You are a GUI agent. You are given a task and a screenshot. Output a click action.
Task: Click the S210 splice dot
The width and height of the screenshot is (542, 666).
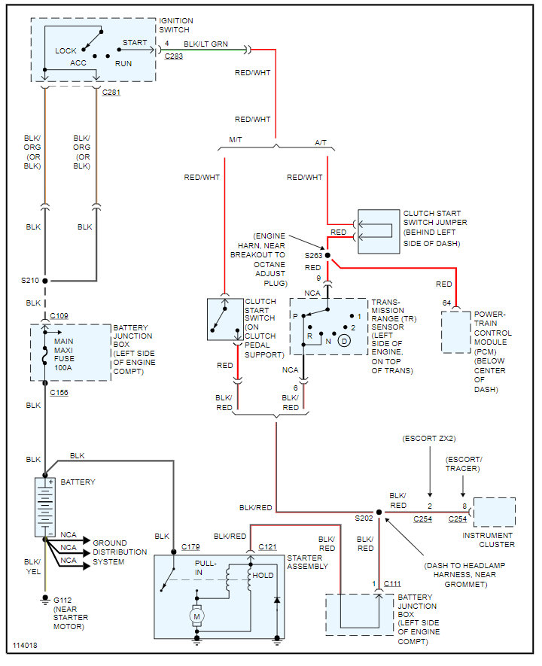pos(45,281)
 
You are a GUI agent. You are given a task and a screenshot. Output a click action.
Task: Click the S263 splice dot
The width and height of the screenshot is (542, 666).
pos(327,255)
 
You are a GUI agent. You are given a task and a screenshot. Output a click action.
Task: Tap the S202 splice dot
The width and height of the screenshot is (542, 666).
pos(379,512)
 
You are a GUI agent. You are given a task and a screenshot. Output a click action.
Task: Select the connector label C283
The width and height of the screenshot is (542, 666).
pos(174,56)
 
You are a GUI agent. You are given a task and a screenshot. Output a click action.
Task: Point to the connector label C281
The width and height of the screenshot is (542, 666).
pos(111,92)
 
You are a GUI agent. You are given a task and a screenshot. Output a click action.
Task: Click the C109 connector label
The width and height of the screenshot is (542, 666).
pos(59,315)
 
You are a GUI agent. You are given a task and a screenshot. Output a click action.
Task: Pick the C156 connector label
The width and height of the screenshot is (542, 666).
pos(59,393)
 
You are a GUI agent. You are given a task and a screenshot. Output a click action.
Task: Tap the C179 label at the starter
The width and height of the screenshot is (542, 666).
pos(190,546)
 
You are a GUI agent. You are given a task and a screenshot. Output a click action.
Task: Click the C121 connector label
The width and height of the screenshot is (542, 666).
pos(267,546)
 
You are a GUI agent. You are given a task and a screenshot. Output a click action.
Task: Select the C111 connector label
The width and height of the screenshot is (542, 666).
pos(392,584)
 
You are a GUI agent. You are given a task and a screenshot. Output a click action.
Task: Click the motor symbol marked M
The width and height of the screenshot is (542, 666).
pos(196,616)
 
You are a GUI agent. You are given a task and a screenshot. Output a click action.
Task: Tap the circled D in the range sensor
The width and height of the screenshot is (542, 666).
pos(344,341)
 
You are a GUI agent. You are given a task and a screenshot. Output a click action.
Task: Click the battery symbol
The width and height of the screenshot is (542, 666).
pos(45,506)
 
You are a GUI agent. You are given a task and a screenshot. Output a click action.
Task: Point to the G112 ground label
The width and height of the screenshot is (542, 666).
pos(62,601)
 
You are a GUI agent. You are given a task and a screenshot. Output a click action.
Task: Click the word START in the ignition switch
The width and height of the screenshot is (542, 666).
pos(135,42)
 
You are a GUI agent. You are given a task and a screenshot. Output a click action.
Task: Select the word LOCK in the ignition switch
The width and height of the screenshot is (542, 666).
pos(65,51)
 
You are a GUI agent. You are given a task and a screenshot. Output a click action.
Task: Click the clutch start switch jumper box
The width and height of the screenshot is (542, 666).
pos(379,232)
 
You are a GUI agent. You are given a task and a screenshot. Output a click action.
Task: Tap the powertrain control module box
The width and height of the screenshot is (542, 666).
pos(455,332)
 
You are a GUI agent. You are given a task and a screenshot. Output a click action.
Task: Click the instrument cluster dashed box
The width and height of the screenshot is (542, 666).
pos(495,512)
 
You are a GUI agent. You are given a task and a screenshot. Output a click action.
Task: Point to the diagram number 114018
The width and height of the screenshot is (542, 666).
pos(25,646)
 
